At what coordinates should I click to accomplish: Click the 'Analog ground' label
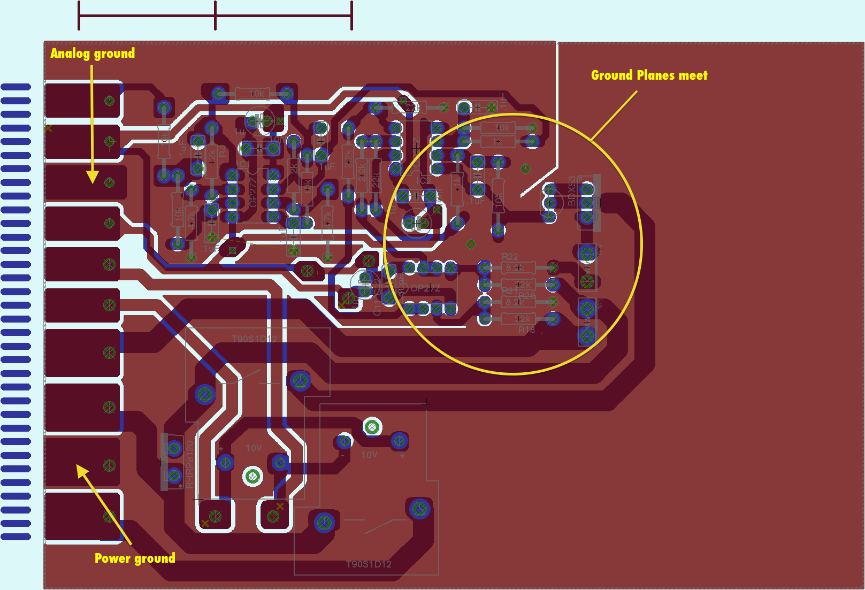click(x=93, y=53)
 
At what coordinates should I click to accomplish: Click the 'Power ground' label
click(x=135, y=558)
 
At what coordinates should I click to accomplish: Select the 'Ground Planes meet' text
click(x=649, y=75)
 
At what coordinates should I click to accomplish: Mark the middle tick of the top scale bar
click(x=216, y=16)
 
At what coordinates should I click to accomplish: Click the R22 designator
click(x=509, y=257)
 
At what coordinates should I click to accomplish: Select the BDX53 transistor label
click(x=572, y=190)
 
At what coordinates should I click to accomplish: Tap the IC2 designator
click(x=423, y=181)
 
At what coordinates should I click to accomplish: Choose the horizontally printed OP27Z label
click(x=425, y=288)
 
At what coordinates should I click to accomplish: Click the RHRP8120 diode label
click(x=189, y=464)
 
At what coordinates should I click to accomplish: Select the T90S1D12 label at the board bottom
click(x=369, y=564)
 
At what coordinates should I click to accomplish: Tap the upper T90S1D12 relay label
click(x=254, y=339)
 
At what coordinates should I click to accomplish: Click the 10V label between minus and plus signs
click(x=369, y=455)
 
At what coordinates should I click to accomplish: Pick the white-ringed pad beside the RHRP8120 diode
click(x=252, y=476)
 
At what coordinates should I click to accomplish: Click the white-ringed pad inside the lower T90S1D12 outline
click(x=372, y=427)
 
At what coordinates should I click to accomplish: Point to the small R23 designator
click(x=600, y=304)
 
